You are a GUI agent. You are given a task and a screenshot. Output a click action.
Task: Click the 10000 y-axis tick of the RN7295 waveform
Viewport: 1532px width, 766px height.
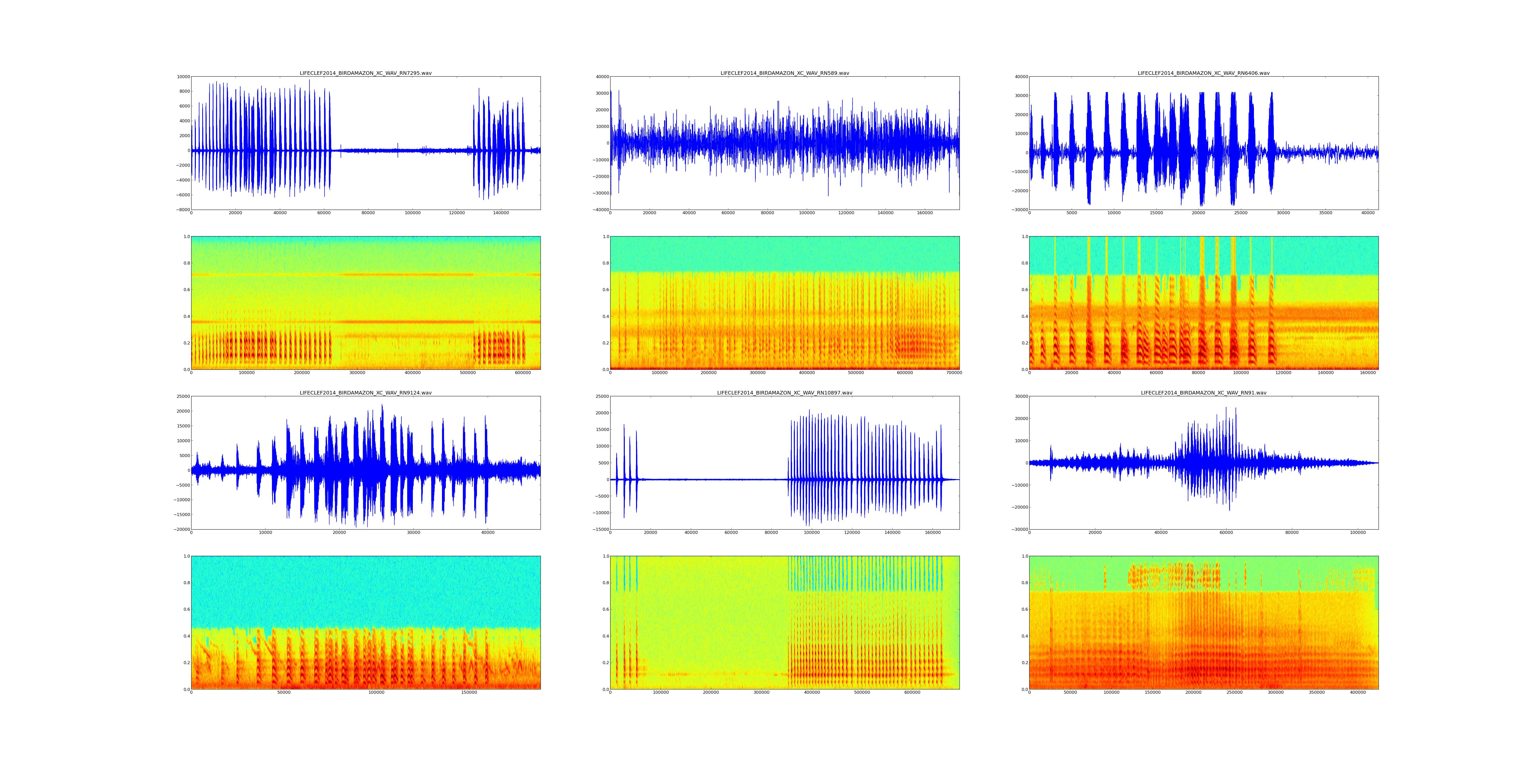coord(182,77)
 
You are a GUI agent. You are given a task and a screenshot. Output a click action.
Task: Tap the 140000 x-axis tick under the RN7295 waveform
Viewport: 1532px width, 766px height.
coord(501,213)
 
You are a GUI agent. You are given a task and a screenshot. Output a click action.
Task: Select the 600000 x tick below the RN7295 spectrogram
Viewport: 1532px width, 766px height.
coord(523,373)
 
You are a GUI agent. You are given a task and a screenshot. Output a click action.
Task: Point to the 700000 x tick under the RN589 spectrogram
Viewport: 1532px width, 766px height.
coord(954,373)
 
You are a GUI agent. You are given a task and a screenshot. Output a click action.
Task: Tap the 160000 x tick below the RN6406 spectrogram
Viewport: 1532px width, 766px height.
coord(1368,373)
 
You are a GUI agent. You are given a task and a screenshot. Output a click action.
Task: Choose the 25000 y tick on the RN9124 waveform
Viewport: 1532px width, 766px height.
coord(182,396)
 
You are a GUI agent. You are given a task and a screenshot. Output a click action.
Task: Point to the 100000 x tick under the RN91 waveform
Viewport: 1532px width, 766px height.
coord(1358,533)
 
